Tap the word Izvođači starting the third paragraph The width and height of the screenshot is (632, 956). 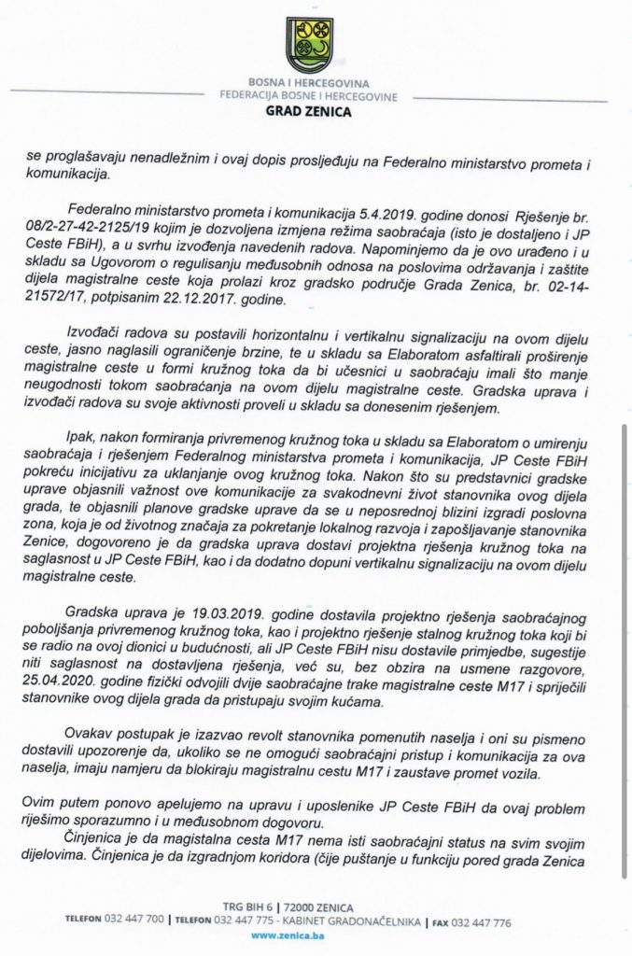pos(99,333)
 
